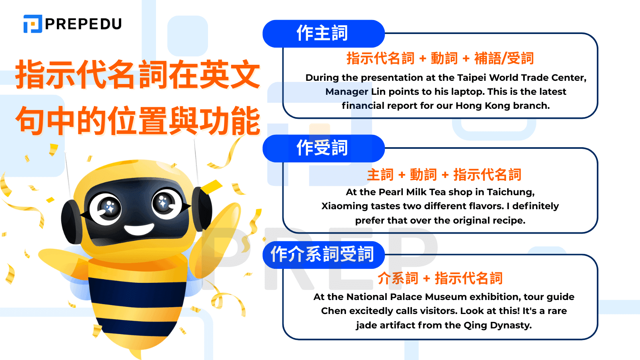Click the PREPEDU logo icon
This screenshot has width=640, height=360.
[33, 24]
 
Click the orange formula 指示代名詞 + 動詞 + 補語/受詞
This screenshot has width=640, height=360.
[440, 58]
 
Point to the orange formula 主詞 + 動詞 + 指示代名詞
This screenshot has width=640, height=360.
[444, 175]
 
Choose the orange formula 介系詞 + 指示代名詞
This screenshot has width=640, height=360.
[440, 278]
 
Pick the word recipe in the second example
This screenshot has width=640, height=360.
[508, 221]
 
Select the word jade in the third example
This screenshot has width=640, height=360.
[366, 325]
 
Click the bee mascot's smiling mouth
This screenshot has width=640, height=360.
[139, 230]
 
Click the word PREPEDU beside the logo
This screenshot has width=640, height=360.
[83, 24]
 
